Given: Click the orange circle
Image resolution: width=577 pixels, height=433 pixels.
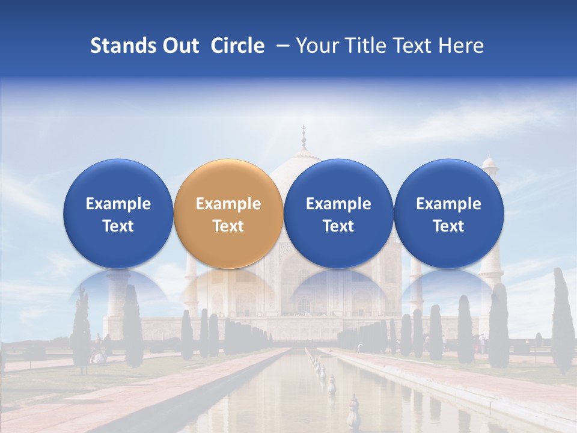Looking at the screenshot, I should coord(228,214).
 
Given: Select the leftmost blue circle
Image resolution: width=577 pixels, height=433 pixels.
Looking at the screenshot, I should coord(118,214).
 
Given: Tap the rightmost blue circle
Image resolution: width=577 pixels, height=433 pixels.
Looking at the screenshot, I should coord(449,214).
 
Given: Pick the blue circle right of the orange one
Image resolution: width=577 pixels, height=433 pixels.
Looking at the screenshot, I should coord(338,214).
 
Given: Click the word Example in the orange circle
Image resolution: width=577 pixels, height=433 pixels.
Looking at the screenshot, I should coord(228,204).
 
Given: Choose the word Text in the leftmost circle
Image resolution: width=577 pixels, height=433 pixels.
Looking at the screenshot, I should coord(118,226).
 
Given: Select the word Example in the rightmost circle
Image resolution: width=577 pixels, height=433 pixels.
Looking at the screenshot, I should coord(449,204).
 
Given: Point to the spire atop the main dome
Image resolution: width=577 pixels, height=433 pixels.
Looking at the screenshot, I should coord(304,137).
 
